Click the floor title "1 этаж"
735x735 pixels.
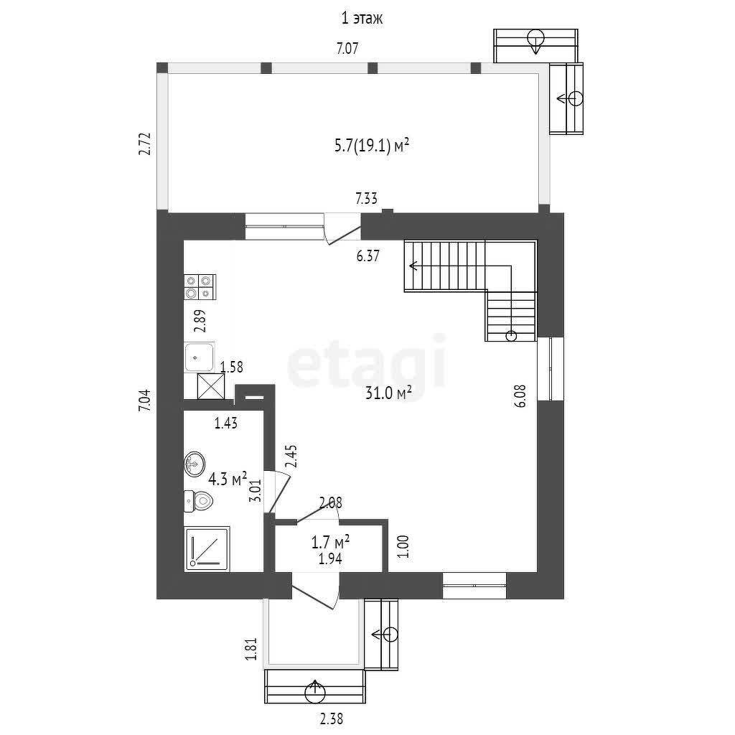tap(362, 18)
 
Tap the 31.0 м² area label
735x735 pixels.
tap(388, 393)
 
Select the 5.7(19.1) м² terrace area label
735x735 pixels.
tap(373, 146)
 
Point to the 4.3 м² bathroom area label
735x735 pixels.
tap(228, 479)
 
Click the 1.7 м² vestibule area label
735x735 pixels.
tap(330, 543)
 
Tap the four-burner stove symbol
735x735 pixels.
tap(200, 287)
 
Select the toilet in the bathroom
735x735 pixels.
tap(198, 501)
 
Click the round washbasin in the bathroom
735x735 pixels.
tap(195, 464)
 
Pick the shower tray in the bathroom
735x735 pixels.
tap(207, 549)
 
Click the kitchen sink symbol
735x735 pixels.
tap(200, 357)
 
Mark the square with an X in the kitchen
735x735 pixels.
tap(211, 386)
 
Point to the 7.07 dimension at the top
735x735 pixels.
tap(348, 48)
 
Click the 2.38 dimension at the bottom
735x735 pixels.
tap(332, 718)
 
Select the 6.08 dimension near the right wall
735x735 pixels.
tap(521, 396)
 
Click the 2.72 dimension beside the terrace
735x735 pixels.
tap(145, 144)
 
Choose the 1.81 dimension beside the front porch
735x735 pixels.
tap(251, 649)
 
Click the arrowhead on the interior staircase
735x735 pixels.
tap(413, 266)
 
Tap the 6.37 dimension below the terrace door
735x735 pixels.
tap(368, 256)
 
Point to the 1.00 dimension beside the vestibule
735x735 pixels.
tap(403, 546)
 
